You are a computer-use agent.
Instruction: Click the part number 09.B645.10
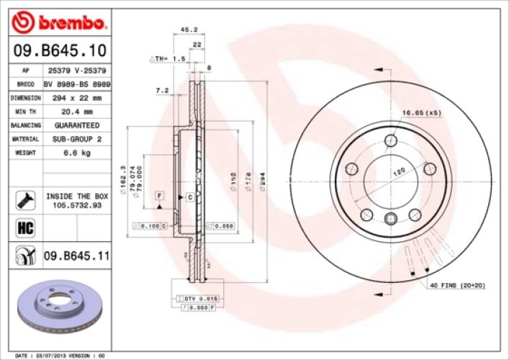coord(60,50)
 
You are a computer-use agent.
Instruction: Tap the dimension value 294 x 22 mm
coord(77,97)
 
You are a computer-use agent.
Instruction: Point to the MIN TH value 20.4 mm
coord(77,112)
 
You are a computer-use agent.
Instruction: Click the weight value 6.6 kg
coord(77,153)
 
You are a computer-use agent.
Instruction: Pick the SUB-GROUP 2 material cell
coord(77,139)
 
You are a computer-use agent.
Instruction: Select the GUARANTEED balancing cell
coord(77,125)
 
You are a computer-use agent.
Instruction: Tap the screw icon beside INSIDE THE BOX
coord(26,200)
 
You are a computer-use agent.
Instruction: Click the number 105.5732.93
coord(77,205)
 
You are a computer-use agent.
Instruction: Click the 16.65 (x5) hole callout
coord(421,112)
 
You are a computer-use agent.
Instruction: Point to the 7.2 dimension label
coord(162,91)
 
